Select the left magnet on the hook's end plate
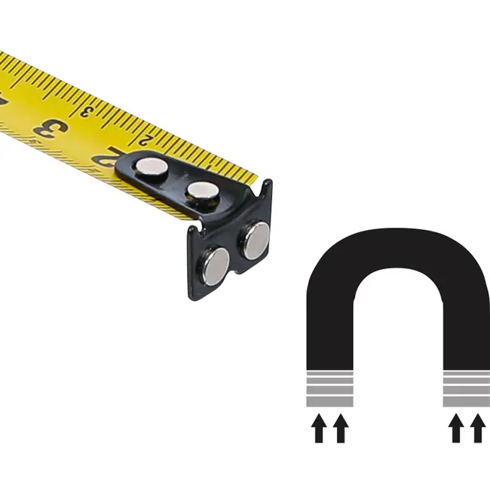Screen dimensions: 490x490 click(215, 265)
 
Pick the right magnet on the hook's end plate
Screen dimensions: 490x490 click(255, 240)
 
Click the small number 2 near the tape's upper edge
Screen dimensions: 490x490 click(144, 138)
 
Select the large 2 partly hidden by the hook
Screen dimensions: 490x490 click(106, 157)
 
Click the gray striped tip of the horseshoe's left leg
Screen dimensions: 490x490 click(329, 387)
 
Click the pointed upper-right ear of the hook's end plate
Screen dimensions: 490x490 click(267, 184)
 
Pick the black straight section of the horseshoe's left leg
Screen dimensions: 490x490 click(329, 332)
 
